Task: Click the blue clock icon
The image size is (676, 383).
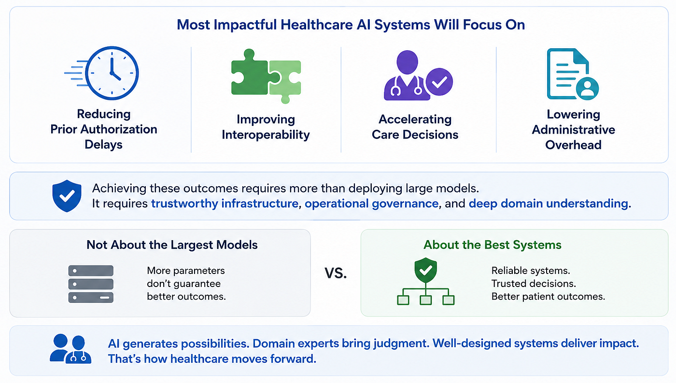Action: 112,73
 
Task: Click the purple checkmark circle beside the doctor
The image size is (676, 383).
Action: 439,82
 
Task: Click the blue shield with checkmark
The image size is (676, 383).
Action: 67,196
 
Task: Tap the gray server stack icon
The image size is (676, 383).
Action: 91,284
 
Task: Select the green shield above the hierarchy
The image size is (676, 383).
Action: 425,270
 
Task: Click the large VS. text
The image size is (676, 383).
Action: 336,273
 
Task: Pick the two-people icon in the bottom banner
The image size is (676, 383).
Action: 70,349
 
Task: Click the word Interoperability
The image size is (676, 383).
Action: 266,135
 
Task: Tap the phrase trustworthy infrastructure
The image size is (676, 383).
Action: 225,204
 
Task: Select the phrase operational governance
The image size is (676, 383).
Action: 371,204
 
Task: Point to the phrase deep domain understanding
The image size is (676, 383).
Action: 549,204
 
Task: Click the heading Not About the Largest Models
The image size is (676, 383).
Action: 172,245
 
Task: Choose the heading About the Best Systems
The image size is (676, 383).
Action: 493,245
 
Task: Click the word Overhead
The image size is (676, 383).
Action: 573,145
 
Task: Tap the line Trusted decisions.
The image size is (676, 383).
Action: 534,284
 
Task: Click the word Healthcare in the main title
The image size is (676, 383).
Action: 317,25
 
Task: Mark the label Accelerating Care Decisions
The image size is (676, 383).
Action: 415,127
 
